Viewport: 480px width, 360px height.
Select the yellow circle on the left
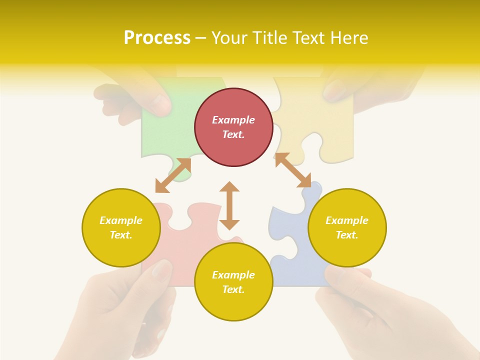[121, 227]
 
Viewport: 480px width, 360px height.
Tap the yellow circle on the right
[347, 227]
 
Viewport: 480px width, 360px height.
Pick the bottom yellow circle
[233, 281]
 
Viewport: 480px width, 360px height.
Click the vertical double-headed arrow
[229, 205]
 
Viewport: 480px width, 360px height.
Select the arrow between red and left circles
[173, 175]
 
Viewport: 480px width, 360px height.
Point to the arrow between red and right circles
[293, 170]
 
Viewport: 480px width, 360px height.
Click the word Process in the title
[157, 38]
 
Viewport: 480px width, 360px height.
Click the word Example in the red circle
[233, 120]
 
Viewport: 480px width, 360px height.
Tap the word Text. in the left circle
[121, 235]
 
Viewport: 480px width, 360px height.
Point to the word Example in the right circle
[347, 220]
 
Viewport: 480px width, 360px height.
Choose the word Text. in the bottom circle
[233, 289]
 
